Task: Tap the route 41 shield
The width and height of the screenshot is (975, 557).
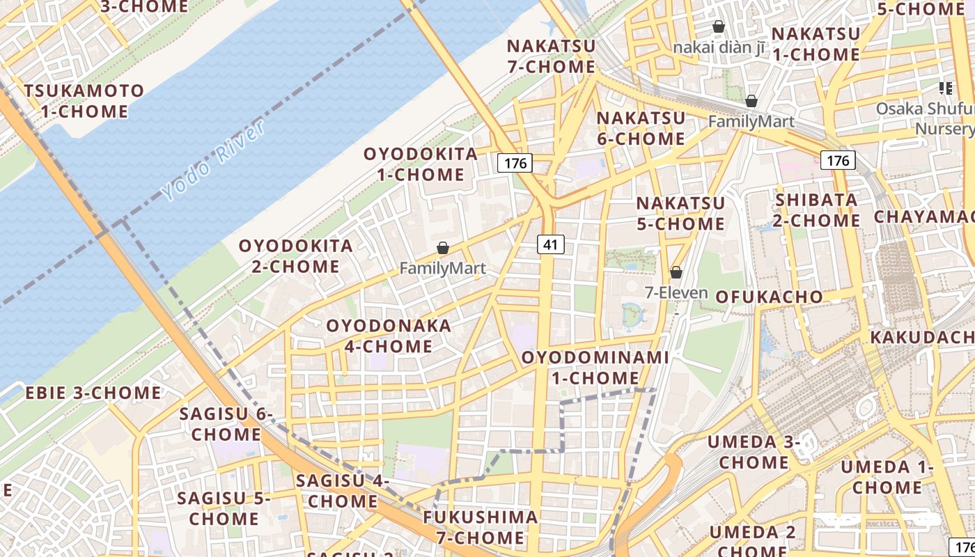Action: point(550,244)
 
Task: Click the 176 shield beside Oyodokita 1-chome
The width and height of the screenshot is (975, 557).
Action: point(515,164)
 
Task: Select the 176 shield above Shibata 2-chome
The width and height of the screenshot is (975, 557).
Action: point(838,161)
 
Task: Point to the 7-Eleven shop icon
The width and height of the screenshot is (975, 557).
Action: point(676,272)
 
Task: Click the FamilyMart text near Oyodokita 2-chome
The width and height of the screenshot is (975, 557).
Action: point(442,269)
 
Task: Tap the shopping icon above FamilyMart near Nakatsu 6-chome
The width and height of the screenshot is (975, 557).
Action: point(751,101)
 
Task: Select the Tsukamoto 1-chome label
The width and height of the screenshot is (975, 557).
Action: point(84,101)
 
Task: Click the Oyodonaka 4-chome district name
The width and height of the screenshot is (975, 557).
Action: point(389,336)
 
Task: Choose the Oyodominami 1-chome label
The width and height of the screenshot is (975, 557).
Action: point(595,368)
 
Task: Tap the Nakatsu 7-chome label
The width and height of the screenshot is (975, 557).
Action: point(551,56)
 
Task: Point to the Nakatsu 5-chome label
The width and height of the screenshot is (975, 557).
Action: point(680,213)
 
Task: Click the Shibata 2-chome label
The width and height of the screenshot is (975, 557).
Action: point(817,210)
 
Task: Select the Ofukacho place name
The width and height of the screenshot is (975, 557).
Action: point(769,297)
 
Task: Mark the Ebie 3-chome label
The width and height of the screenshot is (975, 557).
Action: point(93,393)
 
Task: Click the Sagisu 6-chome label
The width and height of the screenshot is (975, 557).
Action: point(226,424)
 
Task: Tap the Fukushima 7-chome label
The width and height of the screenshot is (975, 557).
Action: point(481,527)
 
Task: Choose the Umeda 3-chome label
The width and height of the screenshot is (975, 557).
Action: point(754,452)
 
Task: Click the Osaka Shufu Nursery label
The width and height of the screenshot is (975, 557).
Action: point(925,118)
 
